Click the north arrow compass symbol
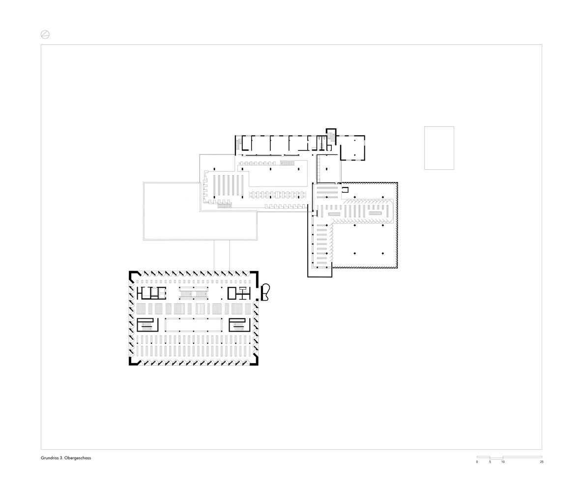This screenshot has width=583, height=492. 45,34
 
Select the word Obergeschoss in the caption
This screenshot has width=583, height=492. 78,458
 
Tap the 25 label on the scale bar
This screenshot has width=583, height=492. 542,462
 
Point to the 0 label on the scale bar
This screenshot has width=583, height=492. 477,462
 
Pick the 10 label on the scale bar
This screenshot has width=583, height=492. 503,462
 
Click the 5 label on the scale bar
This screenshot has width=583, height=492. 490,462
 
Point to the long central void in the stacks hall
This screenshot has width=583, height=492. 193,325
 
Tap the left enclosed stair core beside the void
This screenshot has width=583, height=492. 147,325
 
